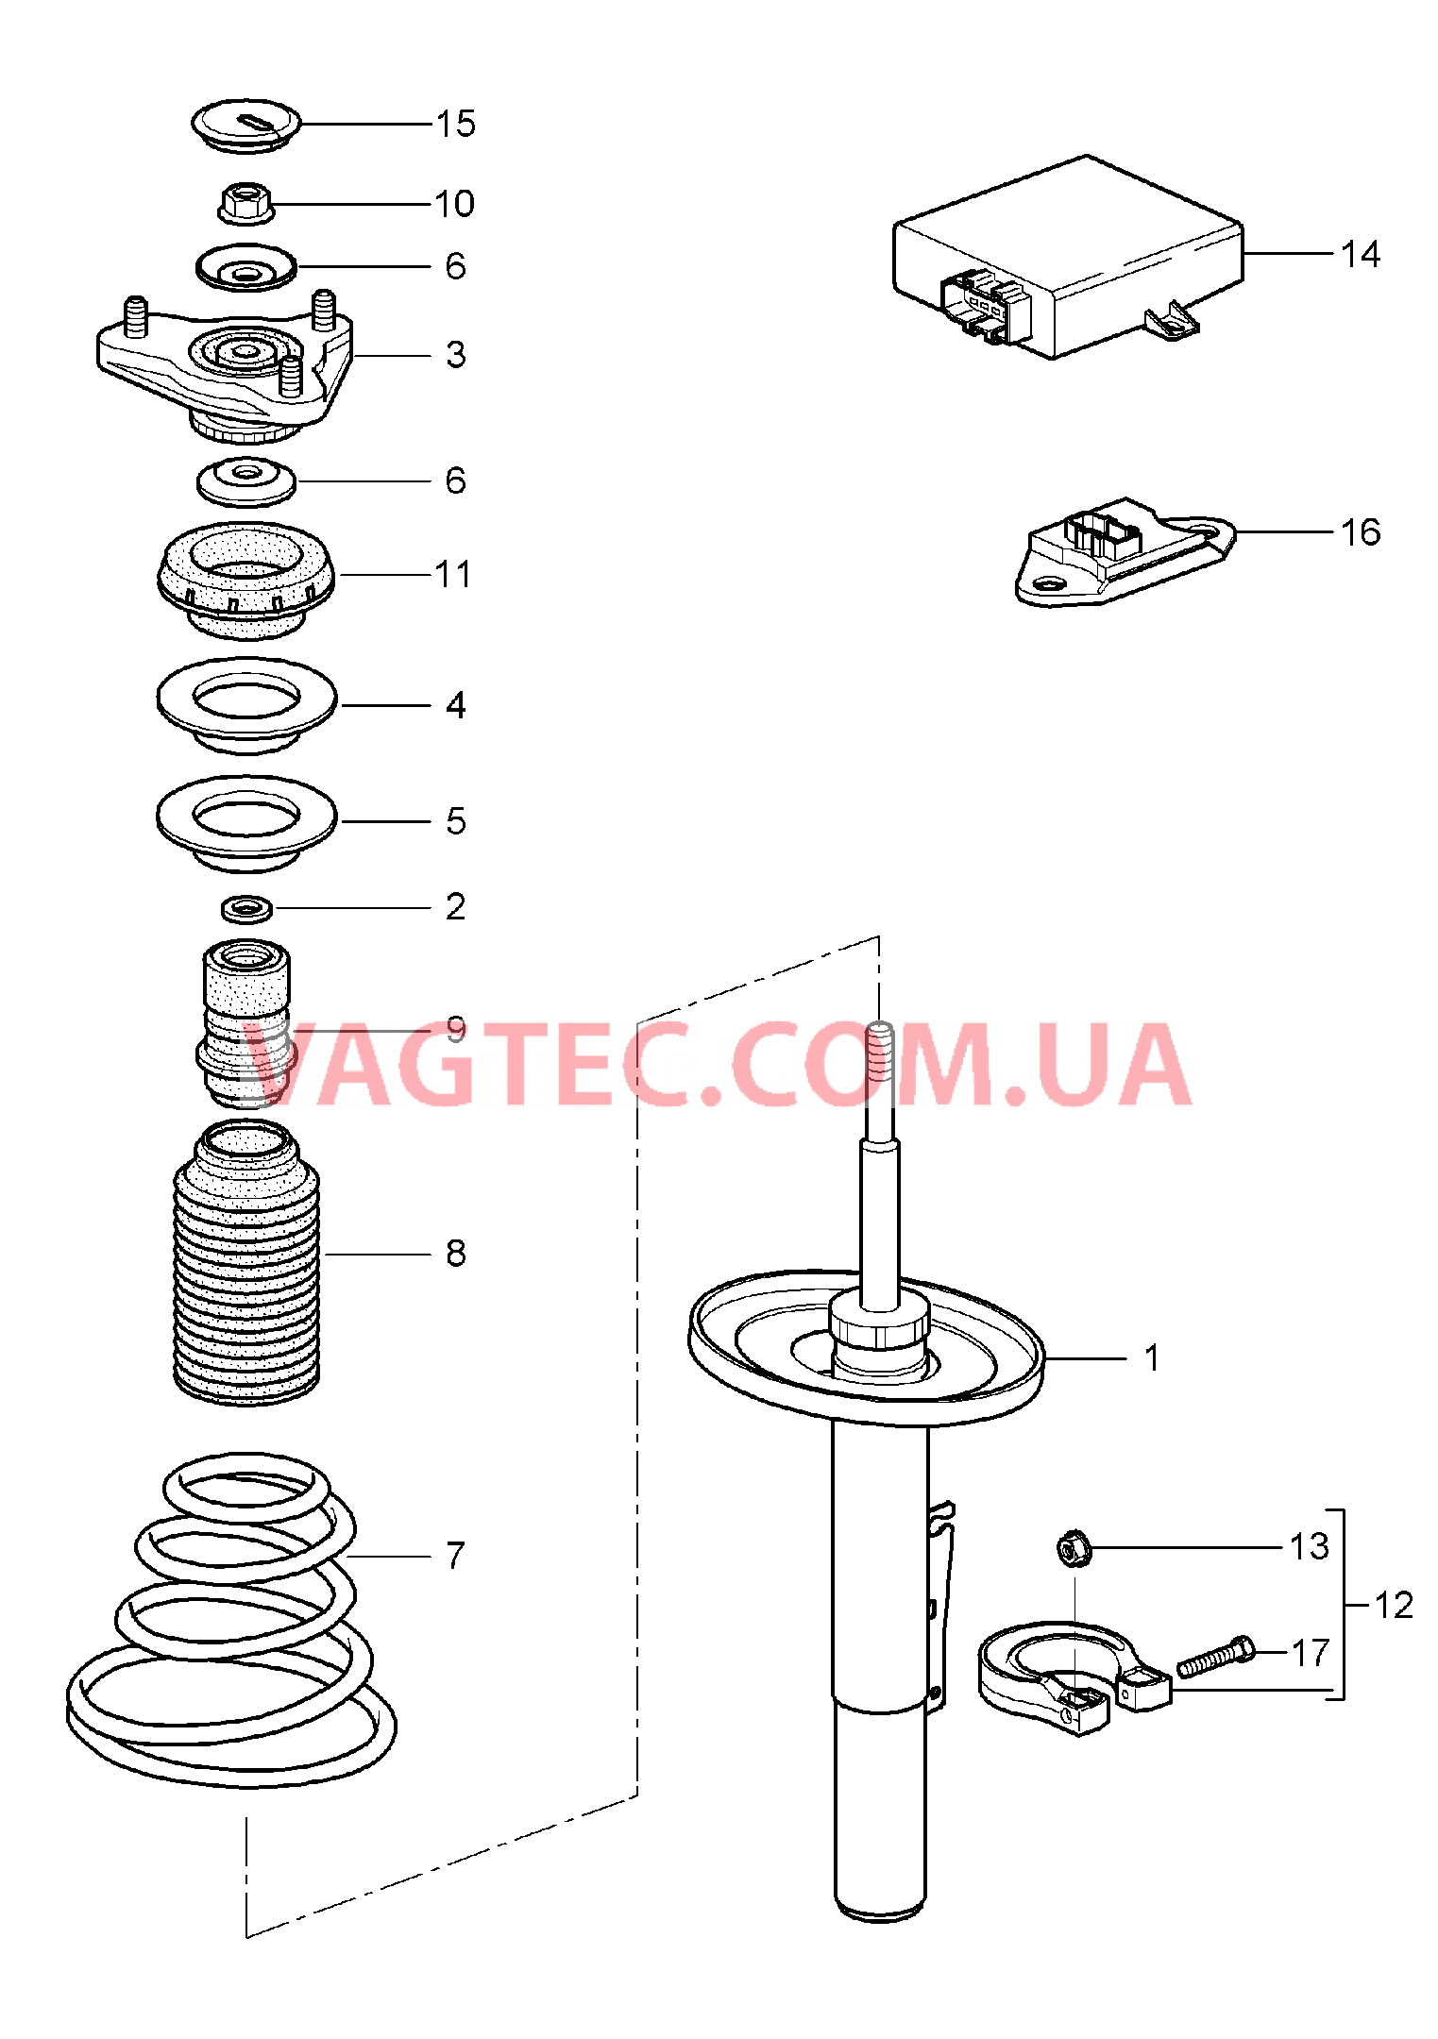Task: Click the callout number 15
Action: [x=455, y=124]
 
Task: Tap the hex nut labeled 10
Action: [x=246, y=203]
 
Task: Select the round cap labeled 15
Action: [x=245, y=125]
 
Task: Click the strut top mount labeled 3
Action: [x=226, y=367]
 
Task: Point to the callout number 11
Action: [x=452, y=574]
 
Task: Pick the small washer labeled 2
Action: [x=247, y=909]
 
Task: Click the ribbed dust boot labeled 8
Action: [x=246, y=1262]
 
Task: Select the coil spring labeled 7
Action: [x=231, y=1622]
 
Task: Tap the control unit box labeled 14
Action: [x=1068, y=257]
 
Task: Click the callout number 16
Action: [x=1361, y=532]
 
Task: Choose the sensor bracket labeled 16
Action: [x=1125, y=552]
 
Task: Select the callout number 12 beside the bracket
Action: [x=1394, y=1605]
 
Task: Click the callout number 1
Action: [x=1151, y=1358]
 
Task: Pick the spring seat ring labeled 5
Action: [x=246, y=822]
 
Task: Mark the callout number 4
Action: [x=455, y=705]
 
